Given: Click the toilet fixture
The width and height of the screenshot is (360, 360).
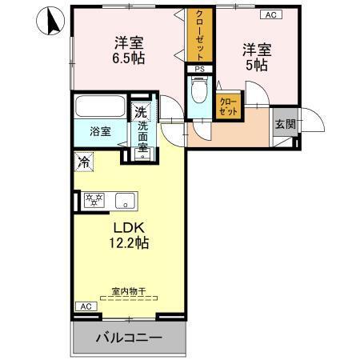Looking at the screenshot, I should point(200,90).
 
